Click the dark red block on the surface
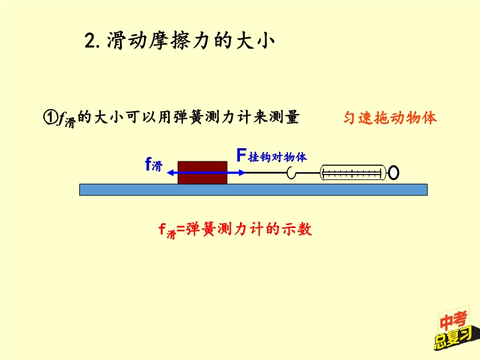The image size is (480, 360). tap(202, 172)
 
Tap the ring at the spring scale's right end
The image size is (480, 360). tap(394, 173)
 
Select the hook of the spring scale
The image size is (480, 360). tap(292, 173)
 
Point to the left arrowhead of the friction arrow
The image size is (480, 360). tap(169, 173)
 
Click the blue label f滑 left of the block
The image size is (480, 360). tap(154, 164)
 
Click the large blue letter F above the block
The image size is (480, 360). tap(241, 155)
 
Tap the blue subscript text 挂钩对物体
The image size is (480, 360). tap(278, 157)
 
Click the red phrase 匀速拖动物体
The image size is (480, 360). tap(390, 118)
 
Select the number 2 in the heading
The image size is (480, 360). tap(90, 41)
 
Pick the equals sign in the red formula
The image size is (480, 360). tap(181, 229)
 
